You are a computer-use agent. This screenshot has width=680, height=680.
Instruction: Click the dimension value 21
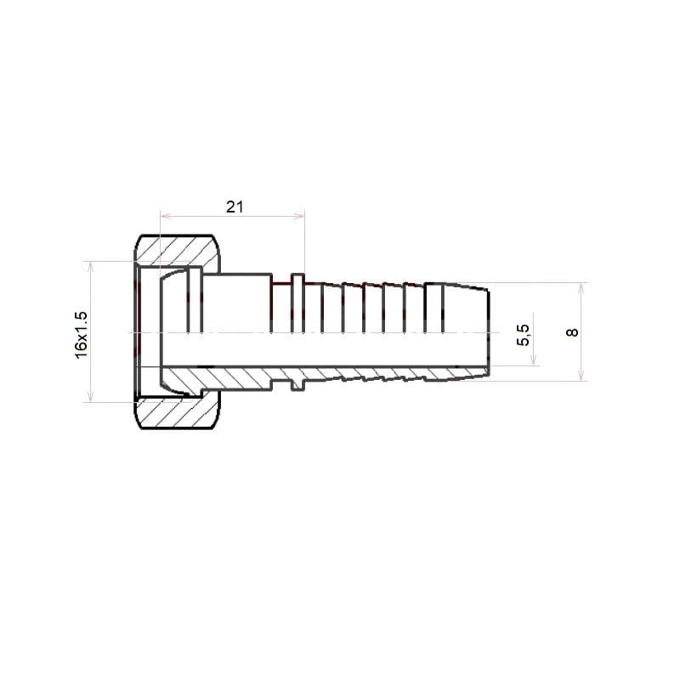point(235,207)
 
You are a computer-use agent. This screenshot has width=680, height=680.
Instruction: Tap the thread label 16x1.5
point(81,335)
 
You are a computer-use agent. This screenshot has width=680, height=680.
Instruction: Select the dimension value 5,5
point(524,335)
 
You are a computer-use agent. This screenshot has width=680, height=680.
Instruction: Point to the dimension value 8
point(572,332)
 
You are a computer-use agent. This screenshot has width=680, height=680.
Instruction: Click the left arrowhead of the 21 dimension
point(165,216)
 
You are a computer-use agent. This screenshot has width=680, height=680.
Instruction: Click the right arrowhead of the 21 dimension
point(299,216)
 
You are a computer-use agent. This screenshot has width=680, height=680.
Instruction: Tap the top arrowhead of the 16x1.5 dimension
point(90,267)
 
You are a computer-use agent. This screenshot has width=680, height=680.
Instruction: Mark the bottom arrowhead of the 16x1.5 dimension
point(90,396)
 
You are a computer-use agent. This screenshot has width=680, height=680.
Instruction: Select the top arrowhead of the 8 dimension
point(581,288)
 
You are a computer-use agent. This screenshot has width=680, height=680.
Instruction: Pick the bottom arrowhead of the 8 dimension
point(581,376)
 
